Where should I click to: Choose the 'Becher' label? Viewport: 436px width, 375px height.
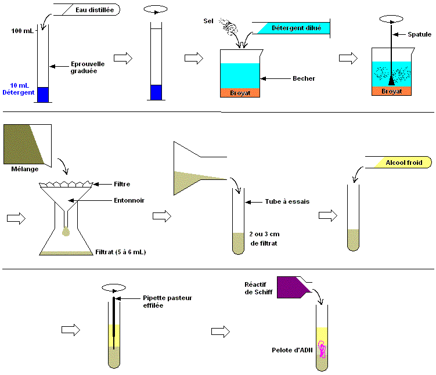point(304,78)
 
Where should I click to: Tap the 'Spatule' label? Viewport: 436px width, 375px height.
point(419,34)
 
